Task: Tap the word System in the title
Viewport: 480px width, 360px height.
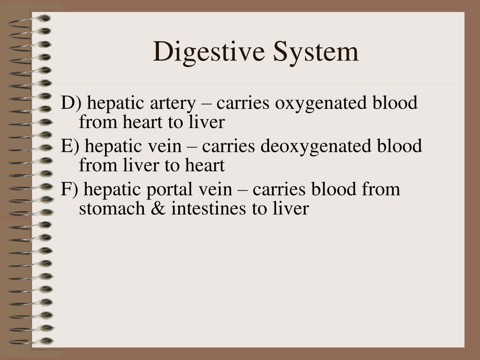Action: (x=315, y=52)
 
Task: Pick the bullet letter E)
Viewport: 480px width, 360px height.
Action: (x=70, y=146)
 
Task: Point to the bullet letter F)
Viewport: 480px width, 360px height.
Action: (x=69, y=189)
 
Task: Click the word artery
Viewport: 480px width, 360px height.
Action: (x=172, y=104)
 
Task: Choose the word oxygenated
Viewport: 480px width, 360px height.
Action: (x=321, y=104)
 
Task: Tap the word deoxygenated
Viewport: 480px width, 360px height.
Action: (x=316, y=147)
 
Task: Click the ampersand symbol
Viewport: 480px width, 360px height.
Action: (x=158, y=209)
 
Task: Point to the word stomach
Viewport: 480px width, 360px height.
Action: (x=112, y=208)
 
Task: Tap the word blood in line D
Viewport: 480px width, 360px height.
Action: (x=395, y=103)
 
